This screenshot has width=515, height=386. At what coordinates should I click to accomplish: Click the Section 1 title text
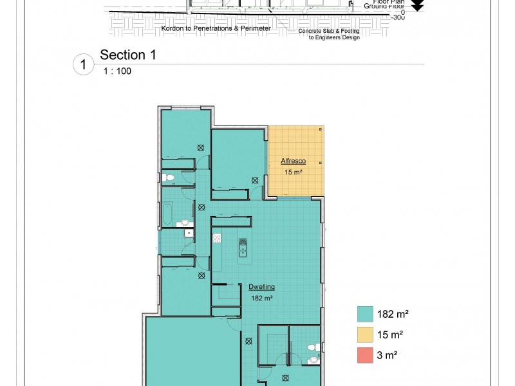[x=128, y=55]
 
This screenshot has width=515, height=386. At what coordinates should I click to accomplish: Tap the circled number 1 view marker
[x=83, y=65]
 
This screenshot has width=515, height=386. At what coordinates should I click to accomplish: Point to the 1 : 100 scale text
[x=117, y=71]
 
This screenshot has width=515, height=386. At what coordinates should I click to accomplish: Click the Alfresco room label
[x=293, y=161]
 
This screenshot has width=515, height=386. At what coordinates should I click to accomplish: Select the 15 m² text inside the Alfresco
[x=293, y=172]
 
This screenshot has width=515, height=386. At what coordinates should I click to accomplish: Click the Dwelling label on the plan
[x=262, y=287]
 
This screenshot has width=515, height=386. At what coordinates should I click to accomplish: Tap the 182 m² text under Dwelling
[x=262, y=298]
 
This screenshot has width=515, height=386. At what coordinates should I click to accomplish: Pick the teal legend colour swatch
[x=365, y=314]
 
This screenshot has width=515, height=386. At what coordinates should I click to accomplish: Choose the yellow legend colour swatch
[x=365, y=335]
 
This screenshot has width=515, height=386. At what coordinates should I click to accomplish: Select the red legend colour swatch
[x=365, y=355]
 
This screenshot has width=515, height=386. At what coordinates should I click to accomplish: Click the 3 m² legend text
[x=390, y=355]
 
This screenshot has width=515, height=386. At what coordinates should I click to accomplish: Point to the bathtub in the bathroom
[x=167, y=214]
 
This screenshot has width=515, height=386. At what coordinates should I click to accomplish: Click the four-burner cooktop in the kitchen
[x=217, y=238]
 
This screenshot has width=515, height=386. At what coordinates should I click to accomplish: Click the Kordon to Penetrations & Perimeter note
[x=216, y=29]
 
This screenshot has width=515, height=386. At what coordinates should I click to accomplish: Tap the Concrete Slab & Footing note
[x=329, y=31]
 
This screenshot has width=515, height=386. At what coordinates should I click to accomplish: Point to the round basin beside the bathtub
[x=185, y=223]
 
